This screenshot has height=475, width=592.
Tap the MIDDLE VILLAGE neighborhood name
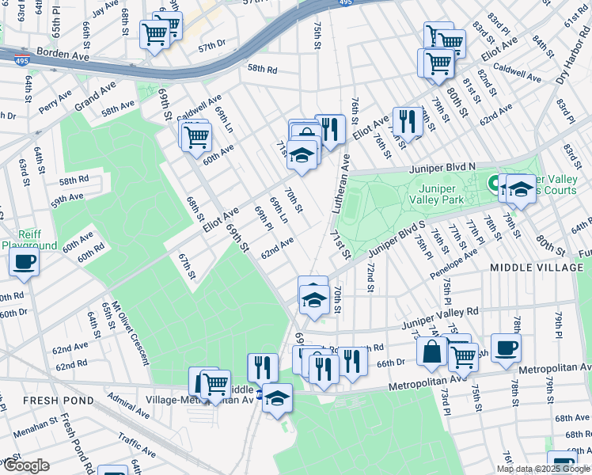537,268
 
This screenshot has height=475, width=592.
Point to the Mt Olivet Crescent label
128,332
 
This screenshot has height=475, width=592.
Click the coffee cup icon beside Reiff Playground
25,263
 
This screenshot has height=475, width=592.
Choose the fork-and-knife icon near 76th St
407,122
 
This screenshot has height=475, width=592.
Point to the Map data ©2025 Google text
543,469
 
